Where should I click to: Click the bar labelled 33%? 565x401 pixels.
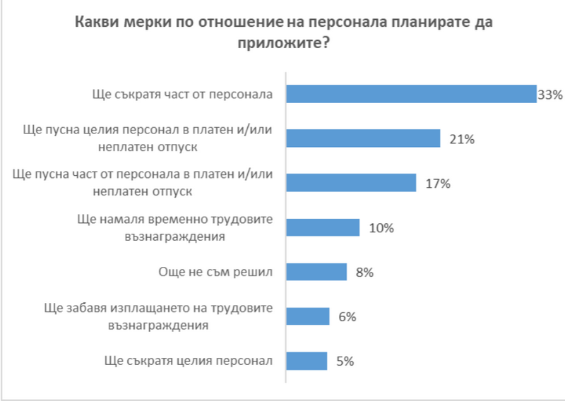pyautogui.click(x=411, y=94)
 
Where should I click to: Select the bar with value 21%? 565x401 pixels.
pyautogui.click(x=363, y=138)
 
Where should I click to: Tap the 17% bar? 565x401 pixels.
pyautogui.click(x=350, y=183)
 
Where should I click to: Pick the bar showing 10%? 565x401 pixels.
pyautogui.click(x=323, y=227)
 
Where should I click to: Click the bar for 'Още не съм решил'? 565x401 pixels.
pyautogui.click(x=316, y=272)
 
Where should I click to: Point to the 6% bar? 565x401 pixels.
pyautogui.click(x=307, y=316)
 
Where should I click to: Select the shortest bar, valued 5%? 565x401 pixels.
pyautogui.click(x=306, y=361)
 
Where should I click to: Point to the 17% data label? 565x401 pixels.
pyautogui.click(x=437, y=184)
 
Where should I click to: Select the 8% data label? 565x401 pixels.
pyautogui.click(x=364, y=273)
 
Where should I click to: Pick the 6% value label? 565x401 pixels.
pyautogui.click(x=347, y=317)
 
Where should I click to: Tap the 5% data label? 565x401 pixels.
pyautogui.click(x=345, y=361)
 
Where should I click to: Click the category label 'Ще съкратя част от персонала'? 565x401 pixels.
pyautogui.click(x=182, y=94)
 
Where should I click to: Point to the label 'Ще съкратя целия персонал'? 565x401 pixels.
pyautogui.click(x=188, y=361)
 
